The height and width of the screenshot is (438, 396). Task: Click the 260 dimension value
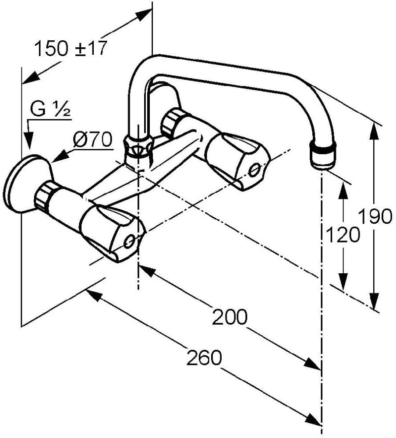point(204,358)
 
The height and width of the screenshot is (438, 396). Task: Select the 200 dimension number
point(230,317)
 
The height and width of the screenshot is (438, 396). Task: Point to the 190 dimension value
point(375,216)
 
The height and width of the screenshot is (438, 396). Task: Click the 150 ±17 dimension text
point(70,49)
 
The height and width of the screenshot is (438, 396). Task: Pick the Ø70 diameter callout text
point(93,140)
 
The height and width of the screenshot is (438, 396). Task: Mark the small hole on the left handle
point(130,240)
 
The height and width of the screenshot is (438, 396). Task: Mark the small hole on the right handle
point(255,169)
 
